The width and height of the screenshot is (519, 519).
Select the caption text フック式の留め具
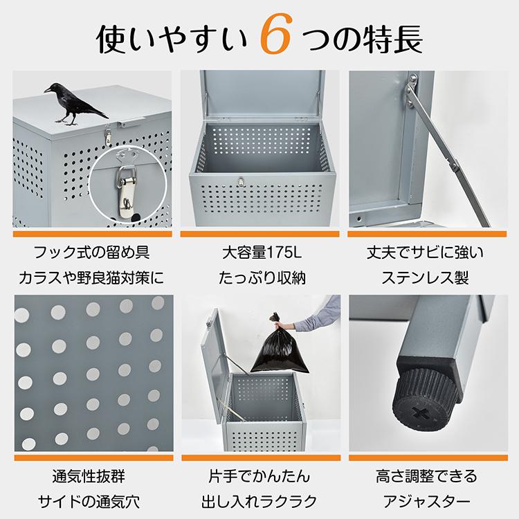click(x=91, y=251)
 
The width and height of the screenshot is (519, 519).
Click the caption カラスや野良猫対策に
click(x=91, y=279)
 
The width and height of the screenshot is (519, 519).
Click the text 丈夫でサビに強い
click(x=425, y=251)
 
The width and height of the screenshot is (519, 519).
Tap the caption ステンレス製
click(x=425, y=279)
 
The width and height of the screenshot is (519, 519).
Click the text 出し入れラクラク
click(x=259, y=502)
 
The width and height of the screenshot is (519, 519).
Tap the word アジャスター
click(x=426, y=502)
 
